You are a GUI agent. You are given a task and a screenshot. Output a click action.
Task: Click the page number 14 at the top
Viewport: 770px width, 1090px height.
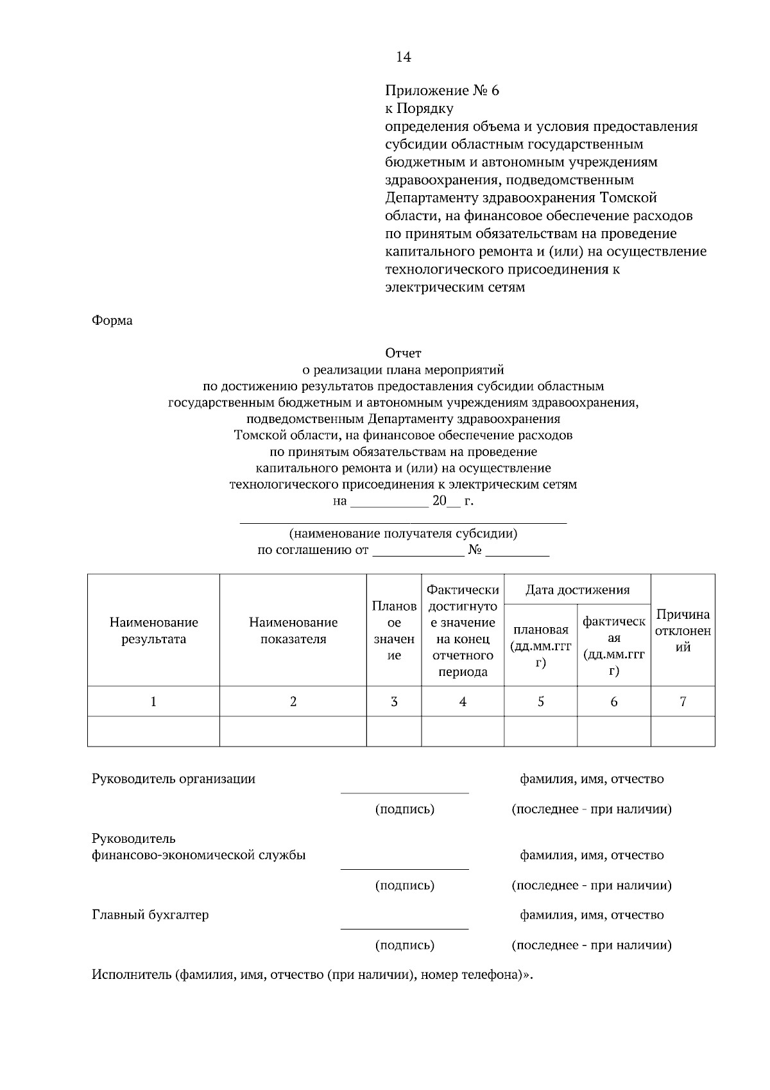point(403,57)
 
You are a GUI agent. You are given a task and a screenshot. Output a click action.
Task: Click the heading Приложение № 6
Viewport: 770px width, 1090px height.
point(442,91)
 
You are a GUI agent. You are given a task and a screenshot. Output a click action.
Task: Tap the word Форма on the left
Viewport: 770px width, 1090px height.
point(112,320)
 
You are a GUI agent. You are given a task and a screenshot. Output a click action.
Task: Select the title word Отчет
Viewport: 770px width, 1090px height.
point(403,353)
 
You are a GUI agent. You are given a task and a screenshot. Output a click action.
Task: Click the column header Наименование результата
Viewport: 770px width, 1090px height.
point(153,630)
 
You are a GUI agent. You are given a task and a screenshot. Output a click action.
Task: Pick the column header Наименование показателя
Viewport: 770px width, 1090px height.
point(293,630)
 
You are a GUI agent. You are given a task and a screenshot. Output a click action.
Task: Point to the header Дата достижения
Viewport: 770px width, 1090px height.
point(577,589)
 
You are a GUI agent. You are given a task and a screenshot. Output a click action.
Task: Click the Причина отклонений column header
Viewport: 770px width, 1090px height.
point(683,630)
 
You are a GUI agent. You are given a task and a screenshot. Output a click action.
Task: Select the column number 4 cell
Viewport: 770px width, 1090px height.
point(463,702)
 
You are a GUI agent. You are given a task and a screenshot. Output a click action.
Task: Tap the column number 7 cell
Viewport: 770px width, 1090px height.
point(683,702)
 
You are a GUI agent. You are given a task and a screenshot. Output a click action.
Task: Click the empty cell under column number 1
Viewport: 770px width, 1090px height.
point(153,731)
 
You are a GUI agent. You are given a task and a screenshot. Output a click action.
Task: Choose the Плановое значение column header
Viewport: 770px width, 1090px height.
point(394,630)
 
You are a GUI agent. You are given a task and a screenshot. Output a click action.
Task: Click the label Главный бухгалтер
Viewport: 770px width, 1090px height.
point(150,915)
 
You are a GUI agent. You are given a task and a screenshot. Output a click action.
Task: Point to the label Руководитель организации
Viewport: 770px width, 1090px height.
point(173,779)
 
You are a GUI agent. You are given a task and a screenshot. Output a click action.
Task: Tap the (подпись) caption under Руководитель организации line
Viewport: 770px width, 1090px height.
point(404,809)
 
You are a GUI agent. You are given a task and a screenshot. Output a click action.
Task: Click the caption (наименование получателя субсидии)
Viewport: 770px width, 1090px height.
point(403,533)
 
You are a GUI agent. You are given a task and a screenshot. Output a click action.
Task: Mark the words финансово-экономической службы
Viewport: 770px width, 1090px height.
point(198,855)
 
